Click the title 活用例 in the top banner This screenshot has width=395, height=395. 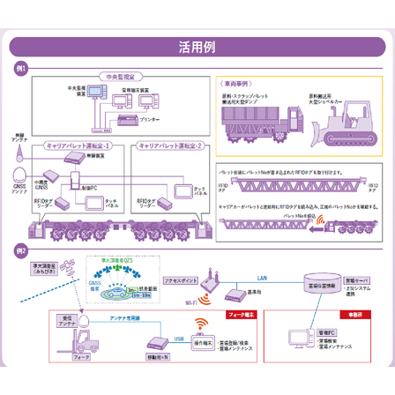coord(197,47)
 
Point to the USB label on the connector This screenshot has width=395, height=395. coord(179,338)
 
